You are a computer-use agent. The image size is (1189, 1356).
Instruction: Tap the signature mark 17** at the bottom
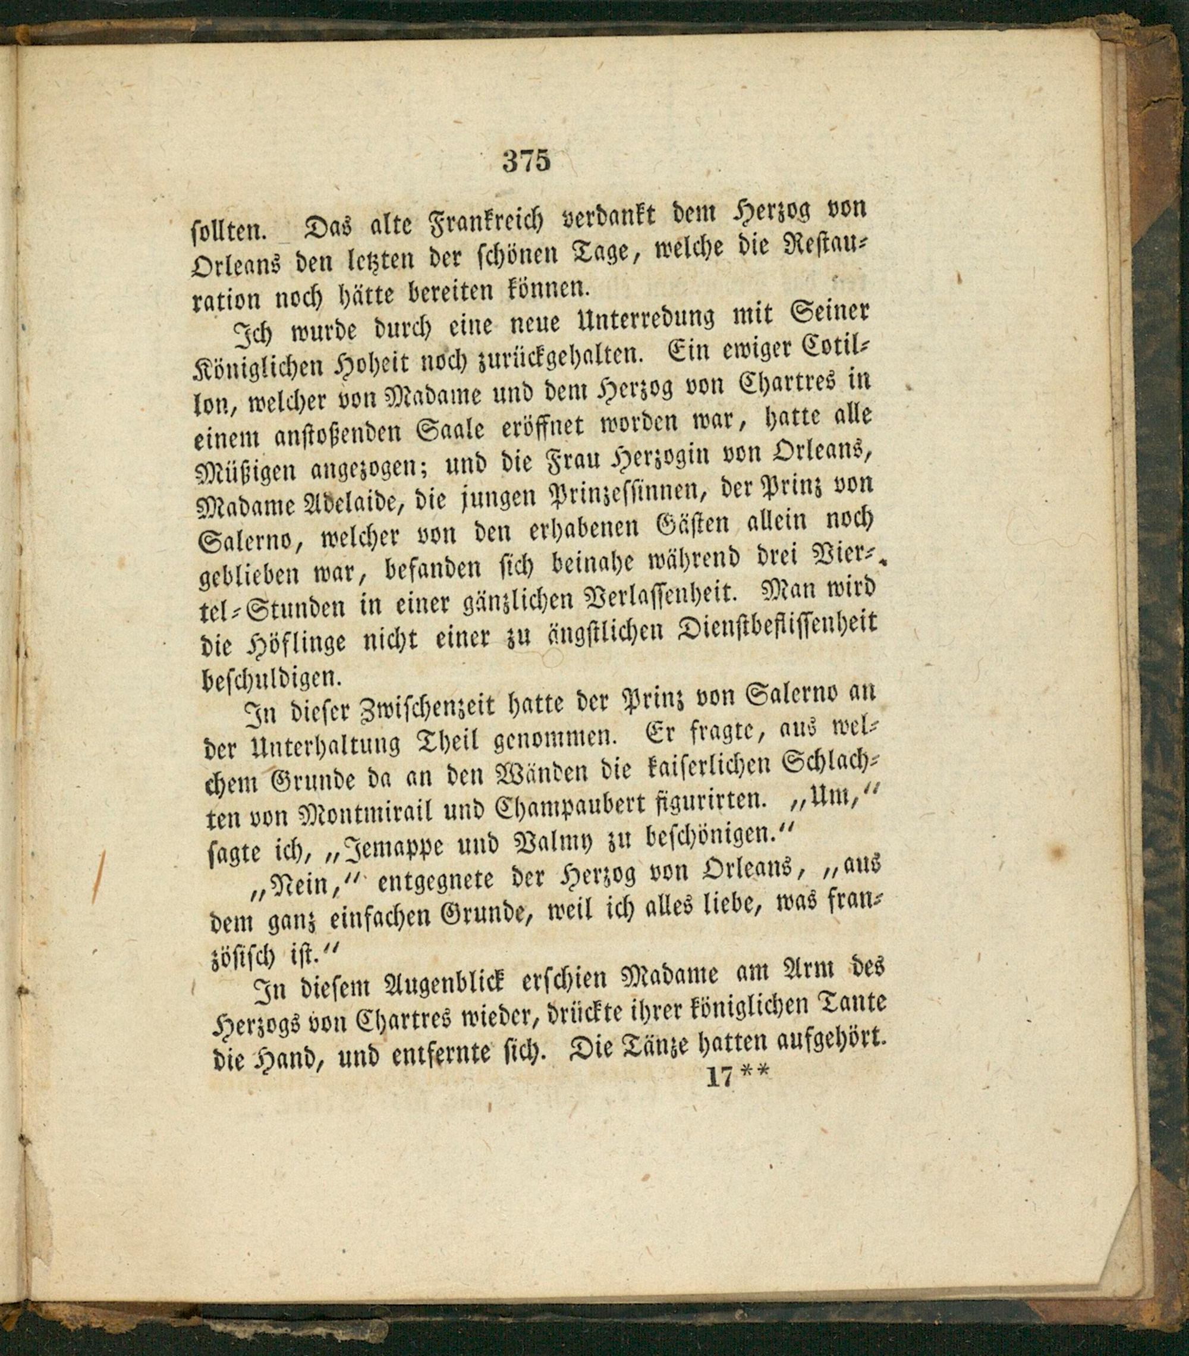[x=736, y=1076]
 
